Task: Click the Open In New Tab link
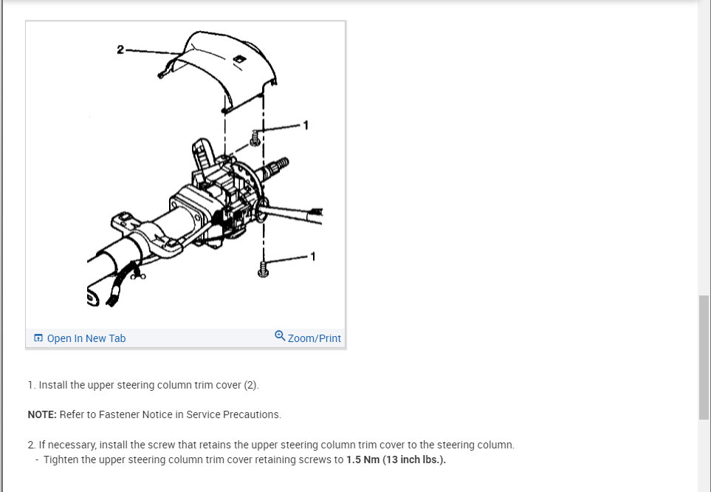click(x=80, y=338)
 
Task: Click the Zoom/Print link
click(x=308, y=338)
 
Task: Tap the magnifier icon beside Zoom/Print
click(x=280, y=336)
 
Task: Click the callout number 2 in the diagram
click(x=120, y=49)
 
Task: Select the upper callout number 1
click(x=306, y=125)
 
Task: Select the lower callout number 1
click(x=312, y=256)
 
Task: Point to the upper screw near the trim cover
click(x=255, y=138)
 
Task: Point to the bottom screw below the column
click(x=263, y=269)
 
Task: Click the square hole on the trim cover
click(x=239, y=59)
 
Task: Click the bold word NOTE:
click(x=42, y=414)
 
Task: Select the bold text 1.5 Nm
click(x=363, y=459)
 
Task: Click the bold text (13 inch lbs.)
click(x=414, y=459)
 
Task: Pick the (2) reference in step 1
click(x=251, y=385)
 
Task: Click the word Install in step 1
click(x=53, y=385)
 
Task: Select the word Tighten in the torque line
click(x=61, y=459)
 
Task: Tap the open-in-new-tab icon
click(x=38, y=338)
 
